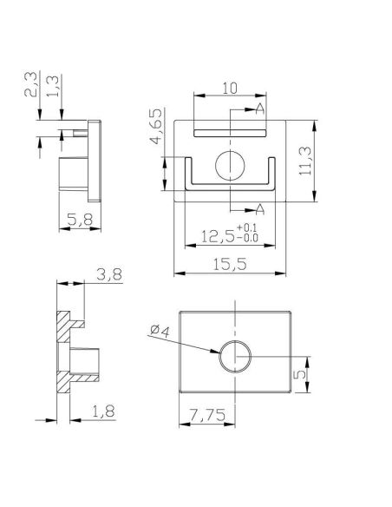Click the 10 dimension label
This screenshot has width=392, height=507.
[230, 88]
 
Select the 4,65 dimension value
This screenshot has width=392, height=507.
[156, 127]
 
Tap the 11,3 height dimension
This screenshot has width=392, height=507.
[304, 161]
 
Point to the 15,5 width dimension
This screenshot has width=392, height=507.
[230, 265]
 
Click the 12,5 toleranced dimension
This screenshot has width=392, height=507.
[218, 236]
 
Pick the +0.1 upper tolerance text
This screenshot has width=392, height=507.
[247, 227]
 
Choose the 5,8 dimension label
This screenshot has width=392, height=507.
[80, 220]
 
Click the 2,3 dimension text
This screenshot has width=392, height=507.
[30, 83]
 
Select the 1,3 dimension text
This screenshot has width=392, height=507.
[53, 86]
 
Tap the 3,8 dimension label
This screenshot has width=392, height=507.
[109, 275]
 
